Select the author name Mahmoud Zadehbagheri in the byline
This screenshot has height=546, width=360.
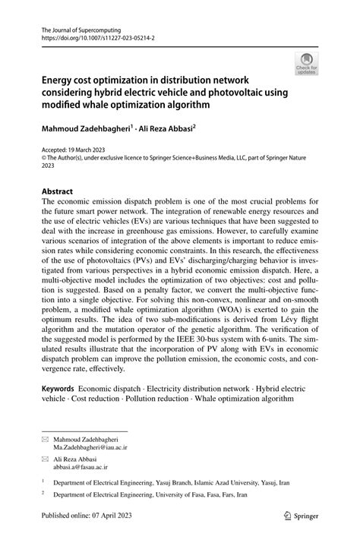[x=87, y=129]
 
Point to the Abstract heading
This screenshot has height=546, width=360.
[x=57, y=192]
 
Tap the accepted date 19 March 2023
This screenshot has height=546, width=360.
[x=94, y=150]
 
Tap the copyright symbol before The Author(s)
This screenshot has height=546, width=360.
[x=43, y=159]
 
